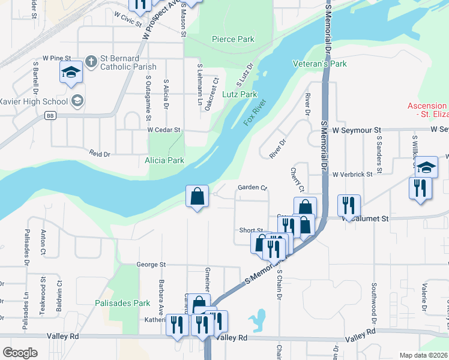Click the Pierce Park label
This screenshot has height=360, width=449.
click(x=233, y=40)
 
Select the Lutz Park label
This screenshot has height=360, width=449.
click(x=240, y=94)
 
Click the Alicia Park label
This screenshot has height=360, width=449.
click(x=164, y=160)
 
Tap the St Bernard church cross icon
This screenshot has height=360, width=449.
click(x=91, y=61)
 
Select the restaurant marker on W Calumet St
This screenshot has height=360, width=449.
click(x=348, y=206)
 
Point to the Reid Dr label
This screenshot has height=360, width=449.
click(x=100, y=154)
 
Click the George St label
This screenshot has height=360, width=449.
click(x=150, y=264)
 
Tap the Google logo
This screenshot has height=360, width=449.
click(x=20, y=352)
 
